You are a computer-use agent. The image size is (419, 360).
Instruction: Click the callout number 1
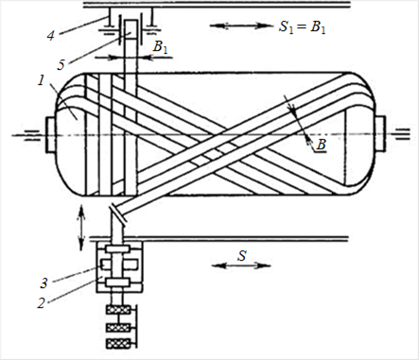click(41, 81)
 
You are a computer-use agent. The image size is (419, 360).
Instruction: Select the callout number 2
click(41, 304)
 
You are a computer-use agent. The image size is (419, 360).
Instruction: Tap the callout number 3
click(44, 283)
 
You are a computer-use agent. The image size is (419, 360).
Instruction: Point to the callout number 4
click(51, 35)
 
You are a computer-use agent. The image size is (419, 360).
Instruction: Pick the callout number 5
click(61, 65)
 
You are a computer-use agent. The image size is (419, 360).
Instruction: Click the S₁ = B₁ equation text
click(303, 27)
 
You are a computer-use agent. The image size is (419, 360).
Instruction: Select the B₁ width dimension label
click(160, 47)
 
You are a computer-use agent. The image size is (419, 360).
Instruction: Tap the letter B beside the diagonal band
click(321, 145)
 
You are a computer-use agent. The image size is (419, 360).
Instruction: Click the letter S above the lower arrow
click(242, 256)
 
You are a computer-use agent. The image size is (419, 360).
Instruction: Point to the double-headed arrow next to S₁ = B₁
click(241, 26)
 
